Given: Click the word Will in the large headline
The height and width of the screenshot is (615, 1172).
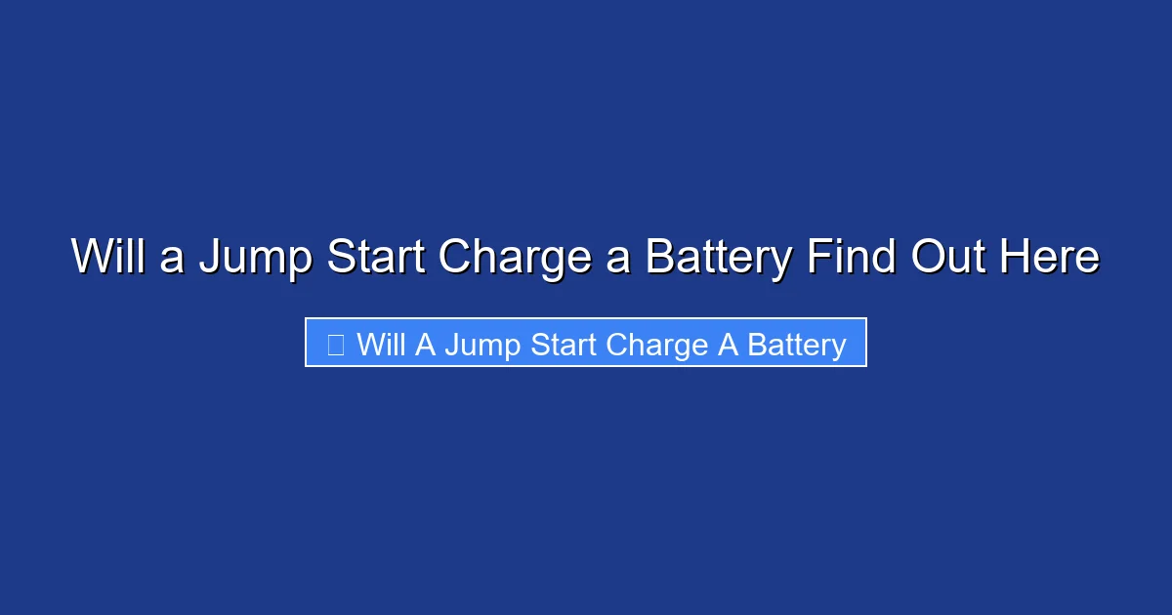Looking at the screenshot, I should [x=107, y=258].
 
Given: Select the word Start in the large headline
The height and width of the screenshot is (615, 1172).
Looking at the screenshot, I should [x=376, y=258].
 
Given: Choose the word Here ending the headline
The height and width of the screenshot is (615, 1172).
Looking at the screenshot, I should [x=1050, y=258].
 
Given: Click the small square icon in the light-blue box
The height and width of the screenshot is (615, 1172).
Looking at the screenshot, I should [x=335, y=345].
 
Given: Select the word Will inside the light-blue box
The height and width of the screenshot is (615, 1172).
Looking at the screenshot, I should [x=381, y=345].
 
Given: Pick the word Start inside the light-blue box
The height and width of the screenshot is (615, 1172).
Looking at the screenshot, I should [x=564, y=345].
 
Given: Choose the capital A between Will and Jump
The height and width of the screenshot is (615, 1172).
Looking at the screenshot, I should [x=425, y=345].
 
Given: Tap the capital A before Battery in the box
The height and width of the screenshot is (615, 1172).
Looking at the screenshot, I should [x=728, y=345].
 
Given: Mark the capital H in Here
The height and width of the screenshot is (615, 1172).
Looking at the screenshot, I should [x=1014, y=258].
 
